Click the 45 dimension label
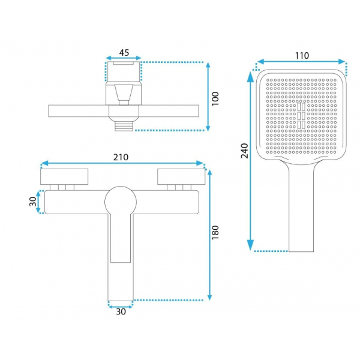[x=124, y=53]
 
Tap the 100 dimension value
[x=215, y=99]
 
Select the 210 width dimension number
[x=121, y=157]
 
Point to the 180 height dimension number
[x=215, y=233]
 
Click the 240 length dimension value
[x=245, y=151]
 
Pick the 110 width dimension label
[x=302, y=56]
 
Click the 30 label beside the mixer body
[x=33, y=202]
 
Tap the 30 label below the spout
[x=121, y=311]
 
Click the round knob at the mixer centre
[x=121, y=202]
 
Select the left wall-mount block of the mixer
[x=64, y=176]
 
